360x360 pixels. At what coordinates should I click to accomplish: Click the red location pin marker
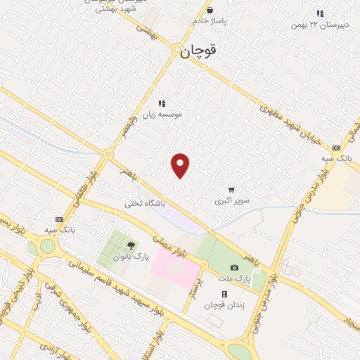tap(181, 165)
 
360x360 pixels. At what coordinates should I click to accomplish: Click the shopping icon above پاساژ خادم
tap(211, 10)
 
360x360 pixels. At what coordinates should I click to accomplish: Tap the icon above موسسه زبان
tap(162, 103)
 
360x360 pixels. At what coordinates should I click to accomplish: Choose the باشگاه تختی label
tap(144, 203)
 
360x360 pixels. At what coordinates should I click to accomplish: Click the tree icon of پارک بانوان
tap(131, 245)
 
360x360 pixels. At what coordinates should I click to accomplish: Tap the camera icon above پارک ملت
tap(234, 268)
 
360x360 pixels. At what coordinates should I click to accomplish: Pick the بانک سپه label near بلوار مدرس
tap(337, 158)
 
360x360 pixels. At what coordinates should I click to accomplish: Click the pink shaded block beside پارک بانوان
tap(174, 266)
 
